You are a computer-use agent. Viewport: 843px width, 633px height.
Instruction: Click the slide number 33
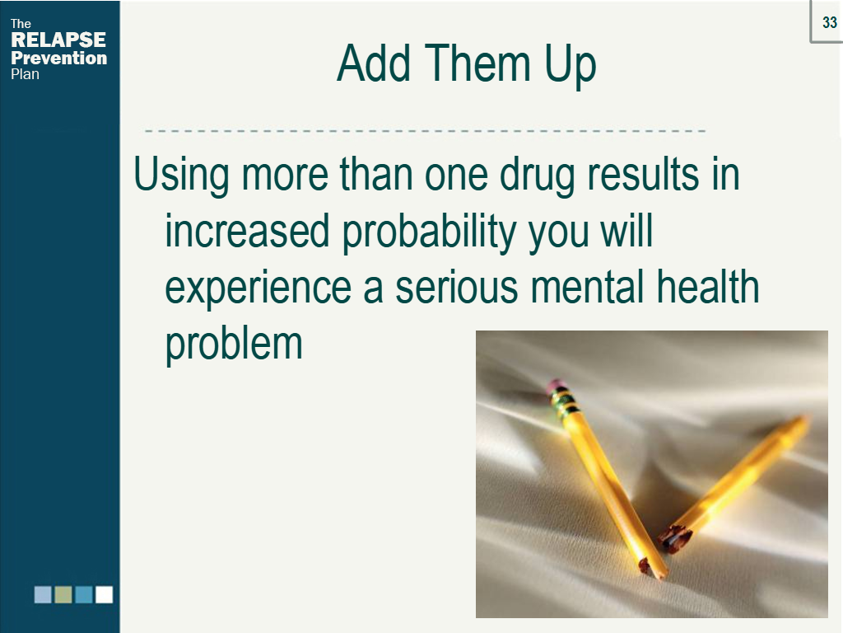829,23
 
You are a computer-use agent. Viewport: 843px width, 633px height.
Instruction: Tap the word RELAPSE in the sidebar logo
58,40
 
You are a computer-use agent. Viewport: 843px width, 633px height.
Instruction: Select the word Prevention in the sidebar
58,58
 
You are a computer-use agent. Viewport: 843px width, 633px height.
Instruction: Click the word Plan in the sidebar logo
25,74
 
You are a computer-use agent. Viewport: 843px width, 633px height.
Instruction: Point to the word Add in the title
369,63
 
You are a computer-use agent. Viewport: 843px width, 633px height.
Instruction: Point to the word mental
598,287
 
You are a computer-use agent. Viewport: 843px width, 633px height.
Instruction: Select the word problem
234,343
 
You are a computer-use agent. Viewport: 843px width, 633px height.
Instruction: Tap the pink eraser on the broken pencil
557,385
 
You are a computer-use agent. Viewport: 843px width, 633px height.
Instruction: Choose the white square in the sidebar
104,594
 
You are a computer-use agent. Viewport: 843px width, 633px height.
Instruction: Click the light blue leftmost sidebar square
43,594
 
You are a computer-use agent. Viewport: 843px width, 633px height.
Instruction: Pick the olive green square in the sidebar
63,594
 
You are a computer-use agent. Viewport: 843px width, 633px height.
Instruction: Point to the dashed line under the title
425,131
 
